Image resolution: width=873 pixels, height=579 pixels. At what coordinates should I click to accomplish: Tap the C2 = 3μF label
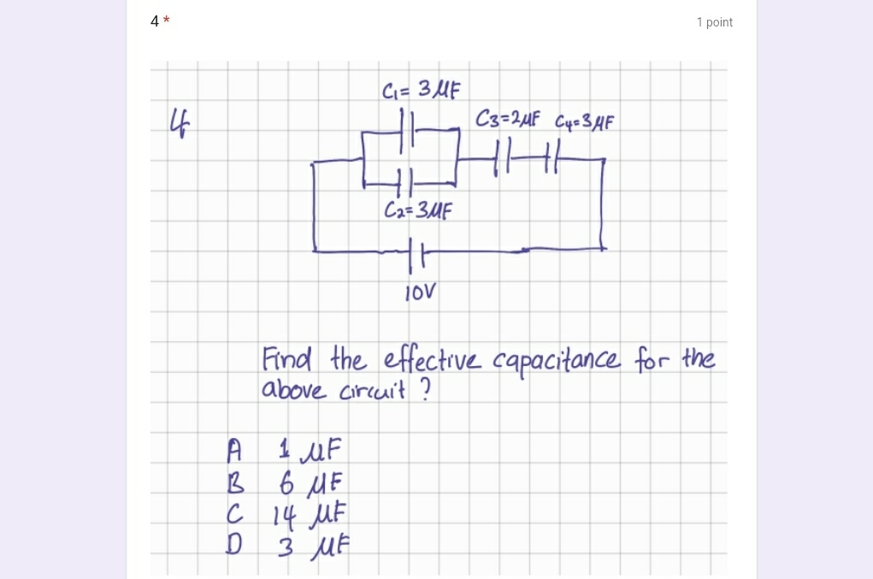417,210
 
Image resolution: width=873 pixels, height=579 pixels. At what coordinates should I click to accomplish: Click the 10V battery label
420,293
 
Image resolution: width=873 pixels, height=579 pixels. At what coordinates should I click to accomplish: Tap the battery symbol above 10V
416,251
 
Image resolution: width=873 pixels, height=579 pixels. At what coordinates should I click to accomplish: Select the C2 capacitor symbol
405,181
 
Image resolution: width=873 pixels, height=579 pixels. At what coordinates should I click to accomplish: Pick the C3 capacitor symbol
503,159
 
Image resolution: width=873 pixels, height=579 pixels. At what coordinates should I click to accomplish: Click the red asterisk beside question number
167,21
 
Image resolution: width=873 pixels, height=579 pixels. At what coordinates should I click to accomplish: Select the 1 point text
714,22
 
